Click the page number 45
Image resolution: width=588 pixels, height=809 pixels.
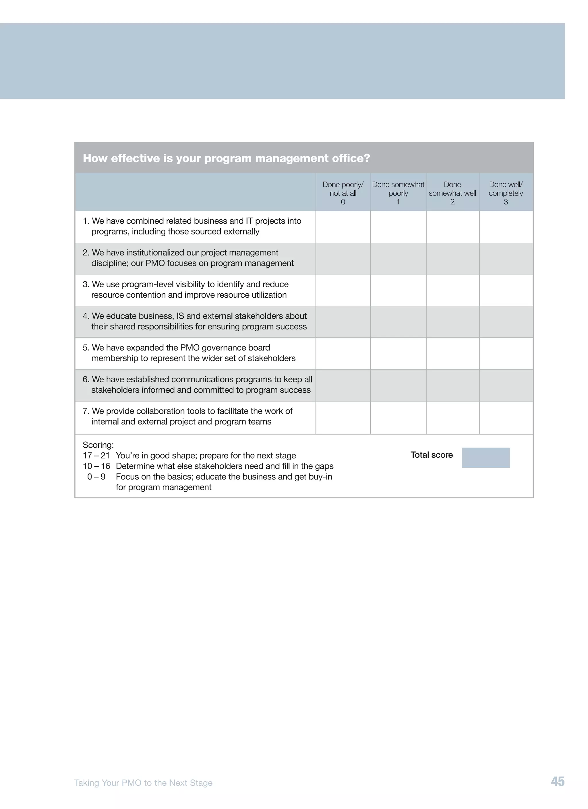(x=557, y=781)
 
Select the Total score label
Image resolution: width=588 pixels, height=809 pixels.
(x=431, y=455)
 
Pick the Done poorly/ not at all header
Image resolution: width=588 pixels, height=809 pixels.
(x=343, y=193)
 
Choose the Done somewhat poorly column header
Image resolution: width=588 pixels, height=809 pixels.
(x=398, y=193)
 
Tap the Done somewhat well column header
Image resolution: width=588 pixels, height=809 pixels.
(x=452, y=193)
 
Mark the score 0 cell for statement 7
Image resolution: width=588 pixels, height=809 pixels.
(x=343, y=417)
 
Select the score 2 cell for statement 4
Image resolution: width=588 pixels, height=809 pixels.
(x=452, y=321)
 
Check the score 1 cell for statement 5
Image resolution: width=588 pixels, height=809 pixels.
(x=398, y=353)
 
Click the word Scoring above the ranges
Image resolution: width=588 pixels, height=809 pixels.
(x=98, y=445)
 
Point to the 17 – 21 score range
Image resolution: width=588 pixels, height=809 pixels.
(x=96, y=455)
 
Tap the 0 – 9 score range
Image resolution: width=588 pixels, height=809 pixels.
(x=96, y=477)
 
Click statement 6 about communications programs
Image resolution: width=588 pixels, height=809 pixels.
(x=197, y=385)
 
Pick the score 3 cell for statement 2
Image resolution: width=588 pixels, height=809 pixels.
(x=506, y=259)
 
